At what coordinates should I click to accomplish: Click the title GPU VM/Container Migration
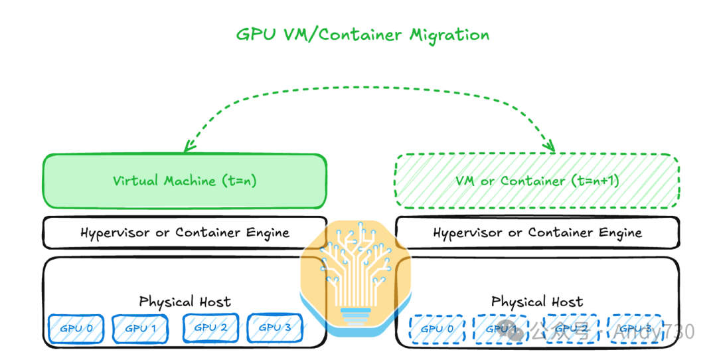pyautogui.click(x=362, y=35)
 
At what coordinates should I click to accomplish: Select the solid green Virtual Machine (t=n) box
pyautogui.click(x=185, y=181)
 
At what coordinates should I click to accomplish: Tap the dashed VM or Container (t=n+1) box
pyautogui.click(x=537, y=181)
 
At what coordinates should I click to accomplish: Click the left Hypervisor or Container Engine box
pyautogui.click(x=185, y=232)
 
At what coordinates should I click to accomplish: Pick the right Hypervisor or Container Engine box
pyautogui.click(x=537, y=232)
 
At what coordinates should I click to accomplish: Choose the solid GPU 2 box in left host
pyautogui.click(x=210, y=327)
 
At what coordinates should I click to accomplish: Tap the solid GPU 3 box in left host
pyautogui.click(x=275, y=327)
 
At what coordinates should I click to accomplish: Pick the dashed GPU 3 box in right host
pyautogui.click(x=635, y=328)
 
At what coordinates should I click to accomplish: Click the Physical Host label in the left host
pyautogui.click(x=185, y=302)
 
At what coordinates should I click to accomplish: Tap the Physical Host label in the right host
pyautogui.click(x=537, y=302)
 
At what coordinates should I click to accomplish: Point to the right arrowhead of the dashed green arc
pyautogui.click(x=550, y=147)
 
